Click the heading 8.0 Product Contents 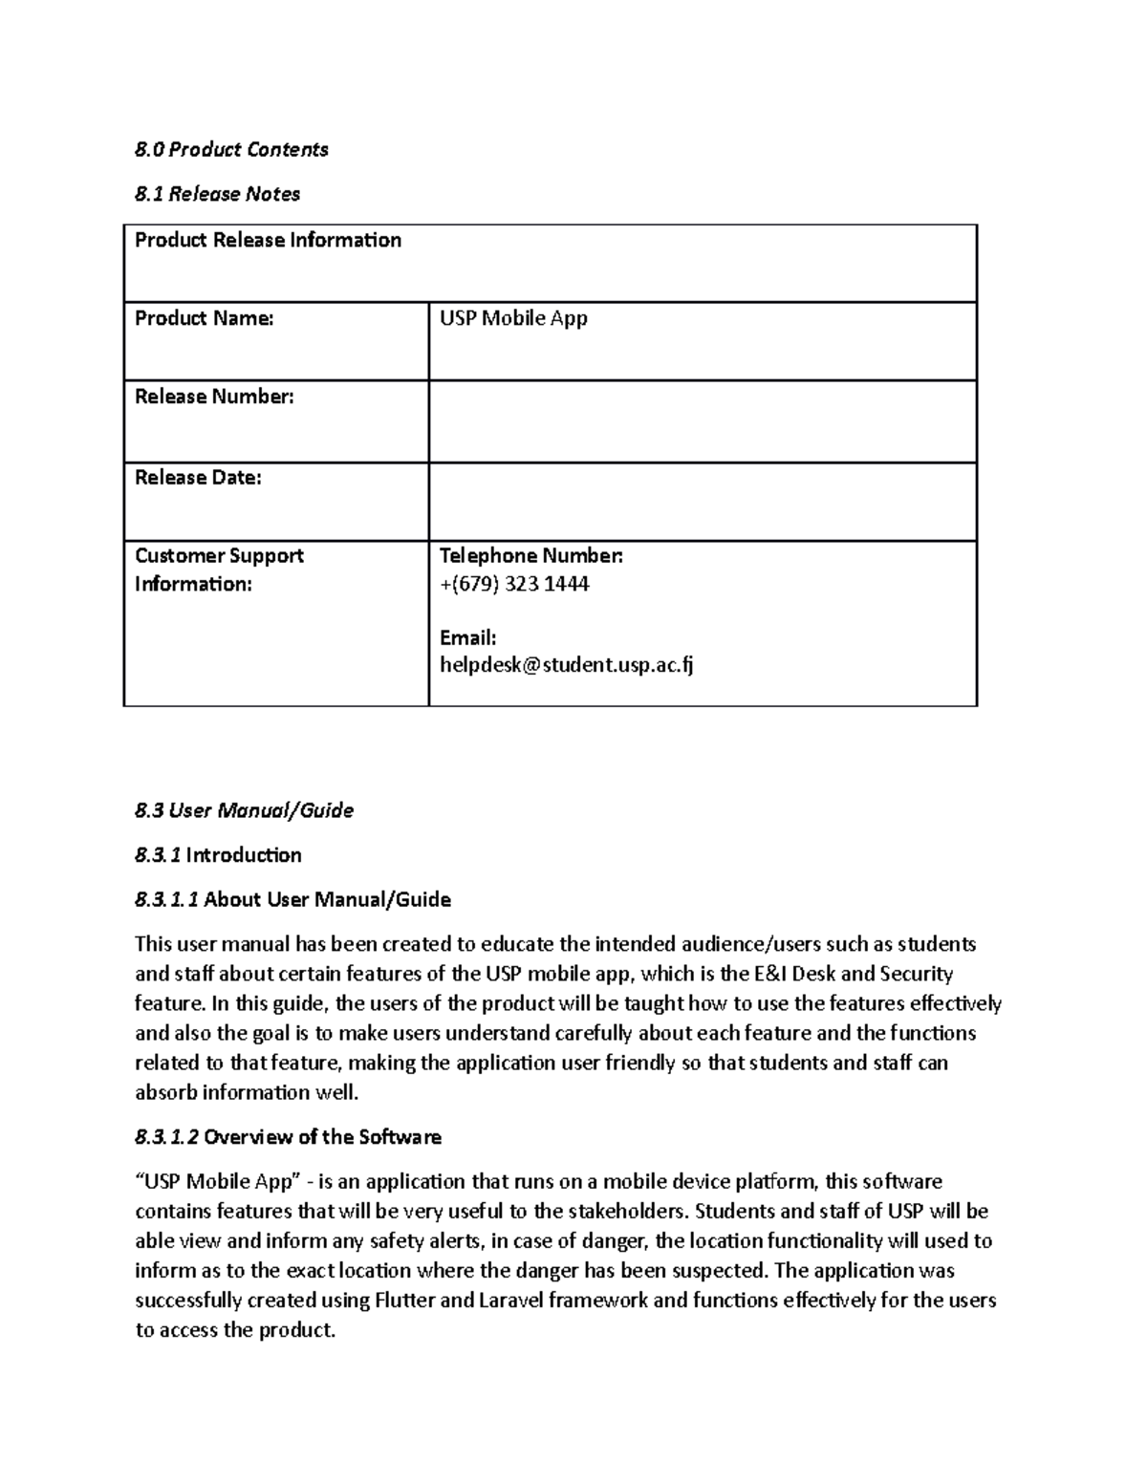click(x=231, y=149)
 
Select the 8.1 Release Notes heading click(x=217, y=194)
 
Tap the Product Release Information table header click(x=268, y=240)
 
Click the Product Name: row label click(x=204, y=318)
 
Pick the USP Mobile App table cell click(x=513, y=318)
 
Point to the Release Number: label click(x=214, y=397)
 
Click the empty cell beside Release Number click(x=702, y=421)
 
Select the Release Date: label click(x=198, y=478)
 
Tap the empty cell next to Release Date click(x=702, y=502)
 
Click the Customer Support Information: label click(x=219, y=570)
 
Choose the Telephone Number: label click(x=530, y=556)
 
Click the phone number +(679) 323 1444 click(x=514, y=584)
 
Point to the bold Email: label click(x=467, y=637)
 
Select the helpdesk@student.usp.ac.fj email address click(x=566, y=665)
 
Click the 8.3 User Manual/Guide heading click(x=244, y=810)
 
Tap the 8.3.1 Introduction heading click(x=218, y=855)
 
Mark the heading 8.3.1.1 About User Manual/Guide click(x=292, y=899)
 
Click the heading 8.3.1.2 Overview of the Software click(x=288, y=1137)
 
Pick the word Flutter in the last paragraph click(x=405, y=1301)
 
